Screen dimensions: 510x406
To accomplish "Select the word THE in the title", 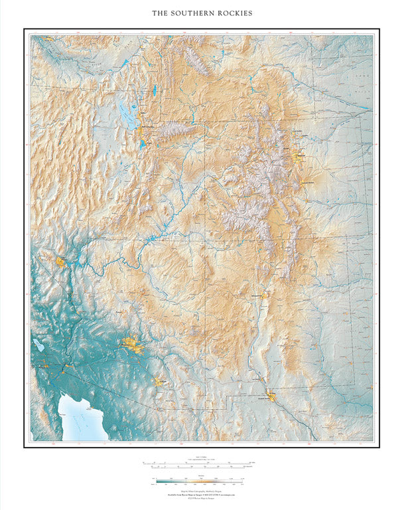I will point(160,13).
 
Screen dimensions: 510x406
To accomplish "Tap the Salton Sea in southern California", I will point(37,346).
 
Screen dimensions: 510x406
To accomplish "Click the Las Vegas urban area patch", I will point(62,262).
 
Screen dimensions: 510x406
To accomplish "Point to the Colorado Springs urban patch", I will point(306,183).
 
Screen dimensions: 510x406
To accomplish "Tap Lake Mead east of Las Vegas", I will point(79,259).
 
